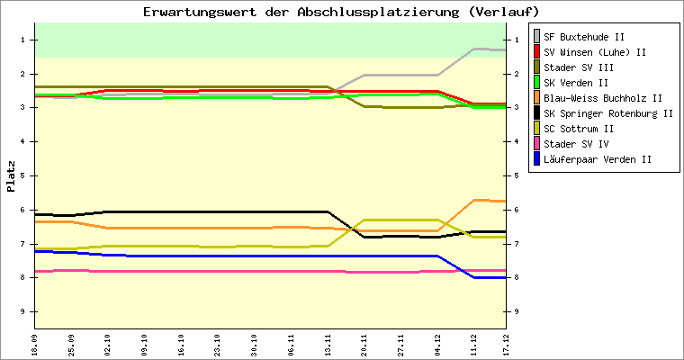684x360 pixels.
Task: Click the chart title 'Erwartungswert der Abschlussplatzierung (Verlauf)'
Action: (x=341, y=12)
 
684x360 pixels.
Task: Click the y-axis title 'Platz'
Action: (x=11, y=176)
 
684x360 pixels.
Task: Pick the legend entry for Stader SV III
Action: (x=580, y=67)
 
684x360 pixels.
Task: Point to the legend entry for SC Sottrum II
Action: (x=580, y=129)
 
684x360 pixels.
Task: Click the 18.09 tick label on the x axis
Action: (x=35, y=344)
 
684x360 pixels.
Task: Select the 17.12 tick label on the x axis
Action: (x=509, y=344)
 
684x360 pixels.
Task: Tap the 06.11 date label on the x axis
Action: (x=291, y=344)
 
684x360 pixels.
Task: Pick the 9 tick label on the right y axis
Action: (x=516, y=311)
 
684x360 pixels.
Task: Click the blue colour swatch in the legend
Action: (x=538, y=159)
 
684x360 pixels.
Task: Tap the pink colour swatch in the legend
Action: (x=538, y=144)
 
